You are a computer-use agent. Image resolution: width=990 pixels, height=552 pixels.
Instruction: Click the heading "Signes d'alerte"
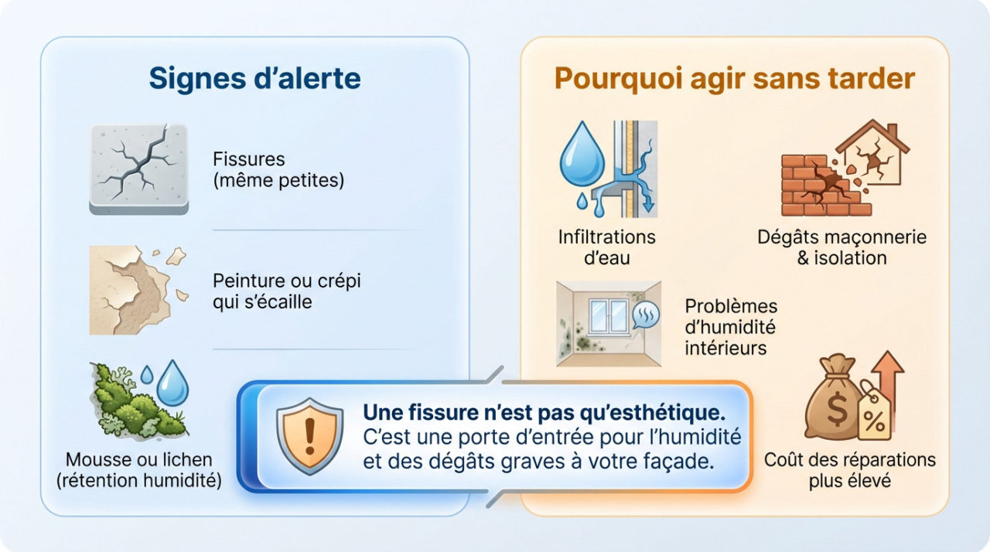(x=254, y=79)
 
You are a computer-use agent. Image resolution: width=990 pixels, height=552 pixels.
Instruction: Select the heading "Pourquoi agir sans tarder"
(x=734, y=79)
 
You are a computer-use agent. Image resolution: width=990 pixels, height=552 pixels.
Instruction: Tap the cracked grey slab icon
(x=139, y=168)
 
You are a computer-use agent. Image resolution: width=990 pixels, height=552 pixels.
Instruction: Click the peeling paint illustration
(x=131, y=290)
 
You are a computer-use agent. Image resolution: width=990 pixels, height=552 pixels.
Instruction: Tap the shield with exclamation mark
(x=309, y=436)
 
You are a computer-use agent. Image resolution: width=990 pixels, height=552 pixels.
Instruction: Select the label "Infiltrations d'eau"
(x=606, y=247)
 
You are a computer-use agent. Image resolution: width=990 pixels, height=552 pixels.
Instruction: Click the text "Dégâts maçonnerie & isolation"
(x=841, y=247)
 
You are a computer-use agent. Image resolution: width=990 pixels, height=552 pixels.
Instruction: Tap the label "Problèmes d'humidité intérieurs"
(x=731, y=327)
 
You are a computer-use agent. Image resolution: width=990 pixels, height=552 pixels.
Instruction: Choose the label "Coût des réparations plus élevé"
(x=849, y=469)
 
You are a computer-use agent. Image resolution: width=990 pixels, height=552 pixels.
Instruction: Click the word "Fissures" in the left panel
(x=248, y=160)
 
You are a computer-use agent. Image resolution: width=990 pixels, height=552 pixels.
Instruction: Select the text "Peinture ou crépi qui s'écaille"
(x=286, y=291)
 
